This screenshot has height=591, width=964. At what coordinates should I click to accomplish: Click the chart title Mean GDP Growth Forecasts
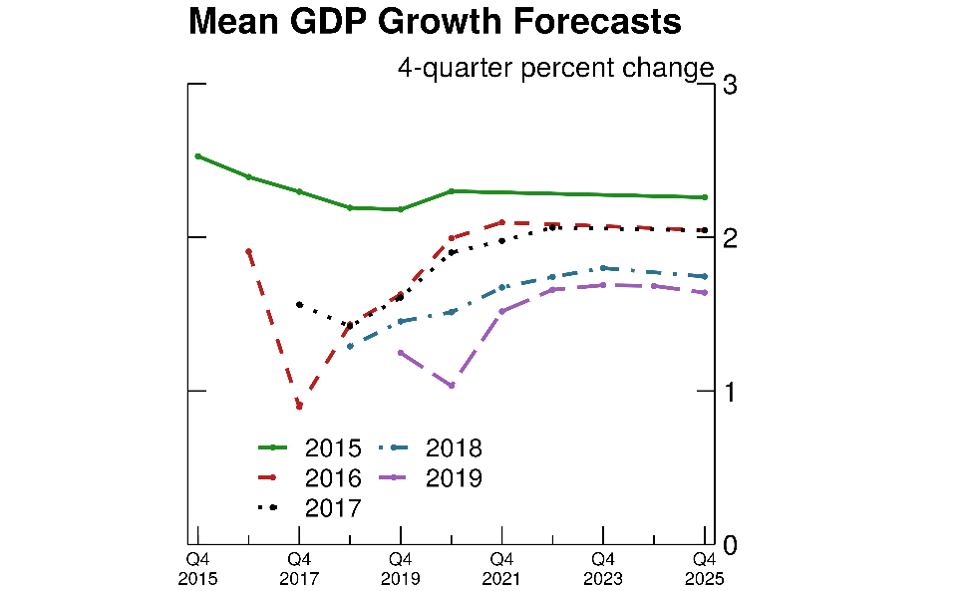pos(435,22)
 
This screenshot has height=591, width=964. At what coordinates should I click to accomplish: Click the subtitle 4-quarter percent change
pos(555,68)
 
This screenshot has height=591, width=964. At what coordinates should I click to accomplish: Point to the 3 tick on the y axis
pos(730,85)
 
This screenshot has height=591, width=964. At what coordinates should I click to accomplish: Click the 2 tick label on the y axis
pos(730,238)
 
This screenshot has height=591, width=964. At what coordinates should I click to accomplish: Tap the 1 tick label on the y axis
pos(730,392)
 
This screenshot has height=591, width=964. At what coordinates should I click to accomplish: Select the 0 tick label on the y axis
pos(730,545)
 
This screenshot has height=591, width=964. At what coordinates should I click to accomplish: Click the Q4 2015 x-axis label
pos(197,568)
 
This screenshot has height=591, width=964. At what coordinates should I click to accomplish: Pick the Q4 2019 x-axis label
pos(400,568)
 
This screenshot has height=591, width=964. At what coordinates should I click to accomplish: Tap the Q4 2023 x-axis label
pos(602,568)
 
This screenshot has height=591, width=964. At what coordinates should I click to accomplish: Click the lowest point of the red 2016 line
pos(299,407)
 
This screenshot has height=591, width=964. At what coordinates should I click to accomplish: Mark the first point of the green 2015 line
pos(197,156)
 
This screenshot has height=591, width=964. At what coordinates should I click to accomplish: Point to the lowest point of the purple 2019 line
pos(451,386)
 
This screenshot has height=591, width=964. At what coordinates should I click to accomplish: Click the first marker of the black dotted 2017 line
pos(299,305)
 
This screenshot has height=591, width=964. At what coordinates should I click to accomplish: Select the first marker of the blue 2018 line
pos(350,346)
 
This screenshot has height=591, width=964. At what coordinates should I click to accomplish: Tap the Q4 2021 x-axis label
pos(501,568)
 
